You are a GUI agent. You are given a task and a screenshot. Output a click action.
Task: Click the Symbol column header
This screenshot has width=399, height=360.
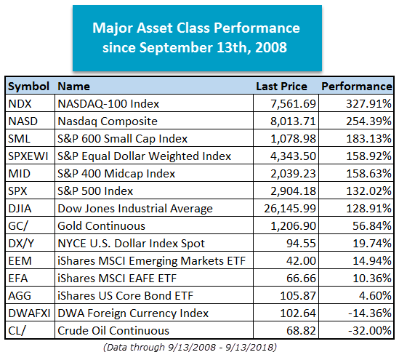tap(28, 87)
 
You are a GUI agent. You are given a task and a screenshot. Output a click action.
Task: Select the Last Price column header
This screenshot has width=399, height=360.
tap(281, 87)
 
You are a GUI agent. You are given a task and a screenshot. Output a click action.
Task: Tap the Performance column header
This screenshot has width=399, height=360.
tap(357, 87)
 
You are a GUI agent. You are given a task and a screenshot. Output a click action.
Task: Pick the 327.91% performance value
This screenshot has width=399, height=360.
tap(368, 103)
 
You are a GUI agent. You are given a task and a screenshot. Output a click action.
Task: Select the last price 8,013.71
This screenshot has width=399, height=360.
tap(293, 121)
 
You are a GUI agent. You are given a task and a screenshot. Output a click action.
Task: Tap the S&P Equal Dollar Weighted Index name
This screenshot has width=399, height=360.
tap(145, 156)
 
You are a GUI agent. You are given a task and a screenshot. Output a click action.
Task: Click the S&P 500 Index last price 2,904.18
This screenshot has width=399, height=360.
tap(293, 191)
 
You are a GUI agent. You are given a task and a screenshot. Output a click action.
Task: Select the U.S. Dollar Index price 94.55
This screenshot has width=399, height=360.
tap(301, 244)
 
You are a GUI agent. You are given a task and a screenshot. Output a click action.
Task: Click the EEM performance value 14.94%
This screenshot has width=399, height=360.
tap(372, 261)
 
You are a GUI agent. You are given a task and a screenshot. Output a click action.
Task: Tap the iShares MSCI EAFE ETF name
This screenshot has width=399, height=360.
tap(117, 279)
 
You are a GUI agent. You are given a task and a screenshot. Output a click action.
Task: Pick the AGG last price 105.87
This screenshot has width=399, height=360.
tap(298, 296)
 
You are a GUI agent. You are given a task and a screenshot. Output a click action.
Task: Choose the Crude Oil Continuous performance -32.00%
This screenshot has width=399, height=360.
tap(370, 331)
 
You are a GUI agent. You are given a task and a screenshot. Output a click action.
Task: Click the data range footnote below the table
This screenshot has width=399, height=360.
tap(190, 348)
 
